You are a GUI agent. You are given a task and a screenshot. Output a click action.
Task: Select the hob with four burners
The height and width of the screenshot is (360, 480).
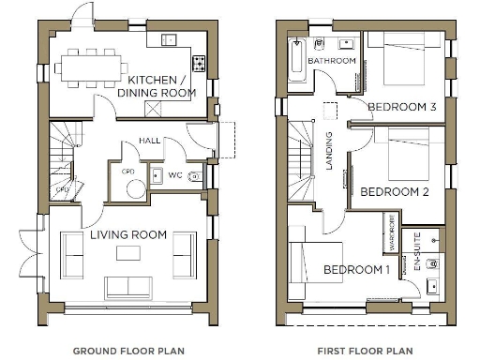pos(200,64)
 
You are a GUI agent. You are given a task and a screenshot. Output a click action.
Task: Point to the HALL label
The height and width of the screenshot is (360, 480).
pos(150,141)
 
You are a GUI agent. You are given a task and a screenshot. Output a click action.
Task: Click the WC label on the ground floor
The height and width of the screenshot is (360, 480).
pos(175,174)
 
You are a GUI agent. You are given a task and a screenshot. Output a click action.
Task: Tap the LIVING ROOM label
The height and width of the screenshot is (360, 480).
pos(128,234)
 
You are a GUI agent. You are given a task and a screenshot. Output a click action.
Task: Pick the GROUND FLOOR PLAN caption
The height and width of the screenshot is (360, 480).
pos(128,351)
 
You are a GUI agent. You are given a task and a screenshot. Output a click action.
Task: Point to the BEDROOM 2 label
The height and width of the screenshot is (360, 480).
pos(395,191)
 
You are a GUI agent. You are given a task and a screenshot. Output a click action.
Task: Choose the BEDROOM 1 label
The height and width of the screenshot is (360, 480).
pos(356,270)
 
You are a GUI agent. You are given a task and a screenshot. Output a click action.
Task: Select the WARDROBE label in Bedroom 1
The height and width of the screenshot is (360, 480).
pos(389,234)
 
